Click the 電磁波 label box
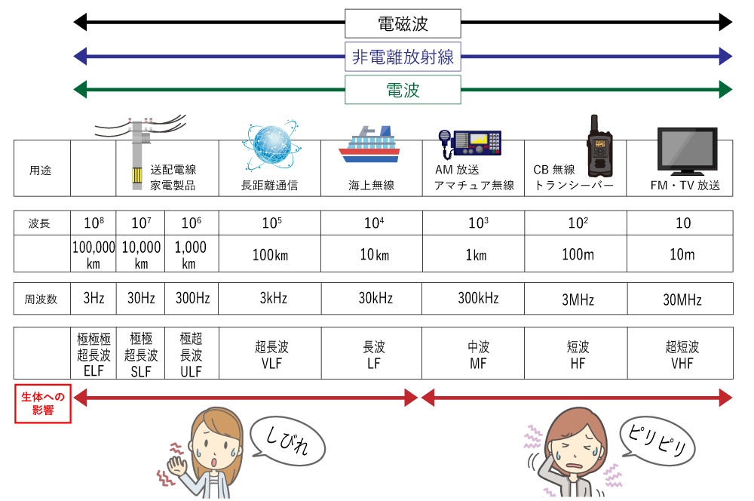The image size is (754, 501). (x=403, y=23)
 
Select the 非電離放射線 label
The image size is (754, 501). (x=403, y=57)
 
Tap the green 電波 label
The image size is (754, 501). (x=403, y=91)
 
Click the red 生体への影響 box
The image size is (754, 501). (x=43, y=403)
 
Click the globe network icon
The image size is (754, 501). (x=271, y=144)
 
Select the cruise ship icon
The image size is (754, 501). (x=369, y=146)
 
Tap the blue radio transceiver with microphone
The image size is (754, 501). (x=470, y=142)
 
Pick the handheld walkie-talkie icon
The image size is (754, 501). (x=599, y=147)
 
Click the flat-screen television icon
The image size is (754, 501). (x=687, y=151)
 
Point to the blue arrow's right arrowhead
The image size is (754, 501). (x=725, y=56)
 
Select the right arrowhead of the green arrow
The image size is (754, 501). (x=725, y=89)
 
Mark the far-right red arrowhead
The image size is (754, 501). (x=725, y=397)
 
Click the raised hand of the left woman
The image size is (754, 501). (x=177, y=463)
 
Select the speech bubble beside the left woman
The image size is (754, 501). (x=287, y=441)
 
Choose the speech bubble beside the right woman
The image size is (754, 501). (x=657, y=441)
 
